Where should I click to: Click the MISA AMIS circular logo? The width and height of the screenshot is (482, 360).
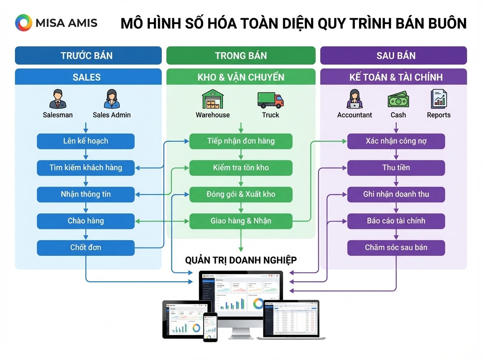point(23,22)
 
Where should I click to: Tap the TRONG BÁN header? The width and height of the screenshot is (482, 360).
point(241,55)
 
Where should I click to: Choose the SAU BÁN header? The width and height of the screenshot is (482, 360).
point(393,55)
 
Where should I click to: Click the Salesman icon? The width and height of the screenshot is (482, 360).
point(58,99)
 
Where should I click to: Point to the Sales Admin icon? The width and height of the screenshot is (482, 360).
point(112,99)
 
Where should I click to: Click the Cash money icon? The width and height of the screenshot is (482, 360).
point(398,99)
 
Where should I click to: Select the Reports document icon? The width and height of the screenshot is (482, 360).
point(438,99)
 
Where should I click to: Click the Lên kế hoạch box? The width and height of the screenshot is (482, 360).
point(86,141)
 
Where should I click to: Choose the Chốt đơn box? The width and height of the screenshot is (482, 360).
point(86,247)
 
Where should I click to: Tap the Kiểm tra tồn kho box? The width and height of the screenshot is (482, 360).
point(241,168)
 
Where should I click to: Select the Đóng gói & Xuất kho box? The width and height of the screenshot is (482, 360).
point(241,194)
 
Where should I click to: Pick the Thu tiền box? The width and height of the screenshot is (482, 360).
point(396,168)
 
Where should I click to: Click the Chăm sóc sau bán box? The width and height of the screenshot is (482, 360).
point(396,247)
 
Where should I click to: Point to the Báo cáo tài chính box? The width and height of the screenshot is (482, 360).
point(396,221)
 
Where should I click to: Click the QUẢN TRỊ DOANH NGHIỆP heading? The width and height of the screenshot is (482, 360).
point(241,260)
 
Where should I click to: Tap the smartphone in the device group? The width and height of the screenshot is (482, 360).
point(210,327)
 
